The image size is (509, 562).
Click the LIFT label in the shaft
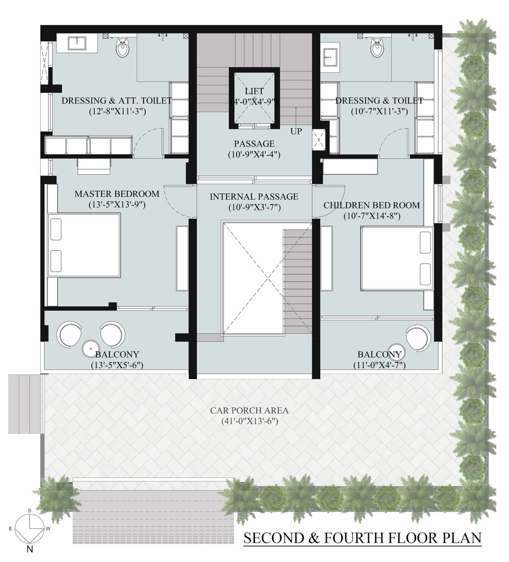pyautogui.click(x=254, y=91)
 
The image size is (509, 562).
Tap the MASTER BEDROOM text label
pyautogui.click(x=117, y=194)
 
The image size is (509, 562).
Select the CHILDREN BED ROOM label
pyautogui.click(x=372, y=205)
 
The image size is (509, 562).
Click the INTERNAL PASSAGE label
pyautogui.click(x=254, y=197)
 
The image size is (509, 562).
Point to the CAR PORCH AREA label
pyautogui.click(x=249, y=411)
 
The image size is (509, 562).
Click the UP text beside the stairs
pyautogui.click(x=296, y=131)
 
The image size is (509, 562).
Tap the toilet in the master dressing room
pyautogui.click(x=123, y=48)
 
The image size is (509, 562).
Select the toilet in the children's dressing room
pyautogui.click(x=376, y=48)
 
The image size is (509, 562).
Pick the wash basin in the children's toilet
pyautogui.click(x=330, y=57)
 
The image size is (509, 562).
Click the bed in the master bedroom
pyautogui.click(x=84, y=246)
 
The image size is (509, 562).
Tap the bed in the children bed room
pyautogui.click(x=397, y=258)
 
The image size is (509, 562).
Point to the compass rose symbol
pyautogui.click(x=29, y=528)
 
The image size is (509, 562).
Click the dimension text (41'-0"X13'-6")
pyautogui.click(x=249, y=422)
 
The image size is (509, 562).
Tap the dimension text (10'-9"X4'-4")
pyautogui.click(x=254, y=155)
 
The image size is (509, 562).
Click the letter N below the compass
pyautogui.click(x=30, y=551)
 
